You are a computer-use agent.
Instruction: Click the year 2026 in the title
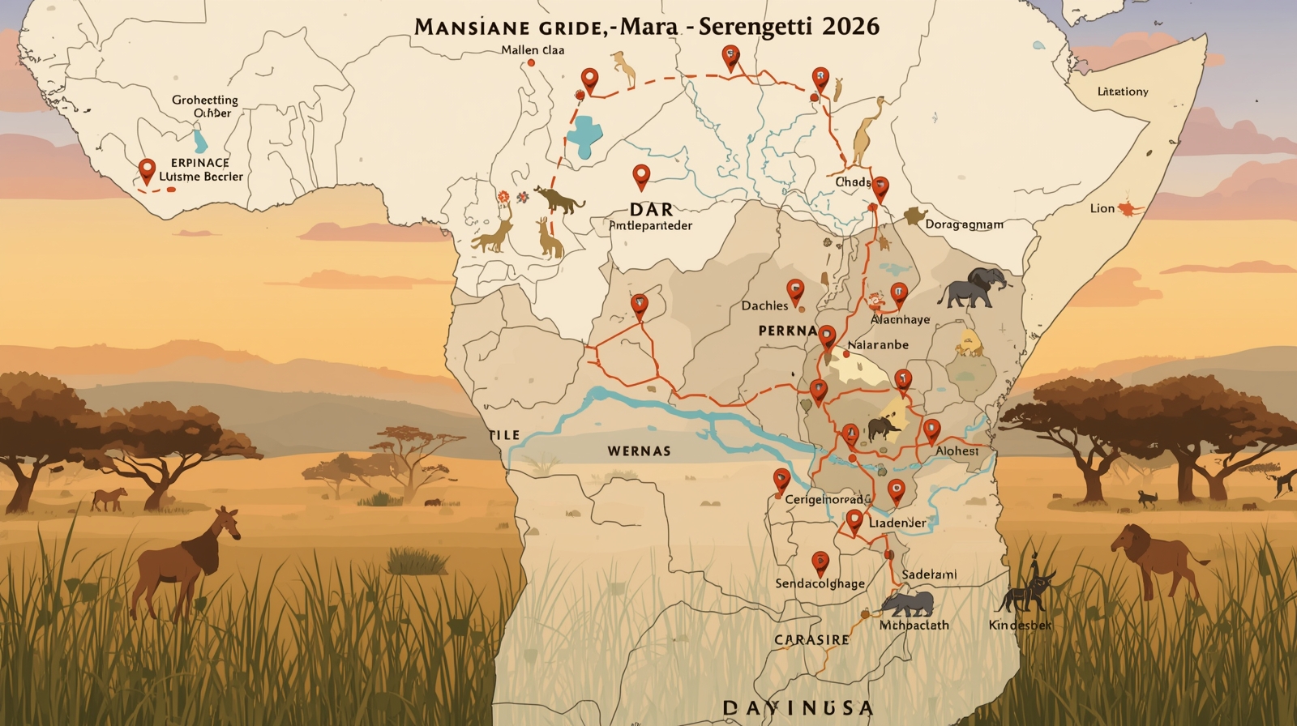[x=850, y=26]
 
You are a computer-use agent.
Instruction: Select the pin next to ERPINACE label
[x=147, y=170]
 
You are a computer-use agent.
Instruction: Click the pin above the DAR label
[x=641, y=175]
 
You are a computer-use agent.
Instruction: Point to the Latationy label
[x=1123, y=92]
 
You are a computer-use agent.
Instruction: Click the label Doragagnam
[x=964, y=224]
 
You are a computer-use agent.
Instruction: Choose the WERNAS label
[x=639, y=451]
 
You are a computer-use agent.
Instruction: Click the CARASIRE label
[x=811, y=639]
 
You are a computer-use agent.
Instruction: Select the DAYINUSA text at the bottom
[x=798, y=708]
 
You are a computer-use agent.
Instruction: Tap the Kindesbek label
[x=1020, y=625]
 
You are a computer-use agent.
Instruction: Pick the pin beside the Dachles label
[x=795, y=290]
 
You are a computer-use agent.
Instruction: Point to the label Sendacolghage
[x=820, y=583]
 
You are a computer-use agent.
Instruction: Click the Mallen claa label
[x=533, y=50]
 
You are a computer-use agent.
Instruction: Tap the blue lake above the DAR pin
[x=584, y=134]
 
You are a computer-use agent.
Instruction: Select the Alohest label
[x=957, y=451]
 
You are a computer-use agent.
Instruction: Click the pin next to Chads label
[x=880, y=188]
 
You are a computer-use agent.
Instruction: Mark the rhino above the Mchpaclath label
[x=908, y=604]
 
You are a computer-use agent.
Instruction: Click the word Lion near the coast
[x=1102, y=208]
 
